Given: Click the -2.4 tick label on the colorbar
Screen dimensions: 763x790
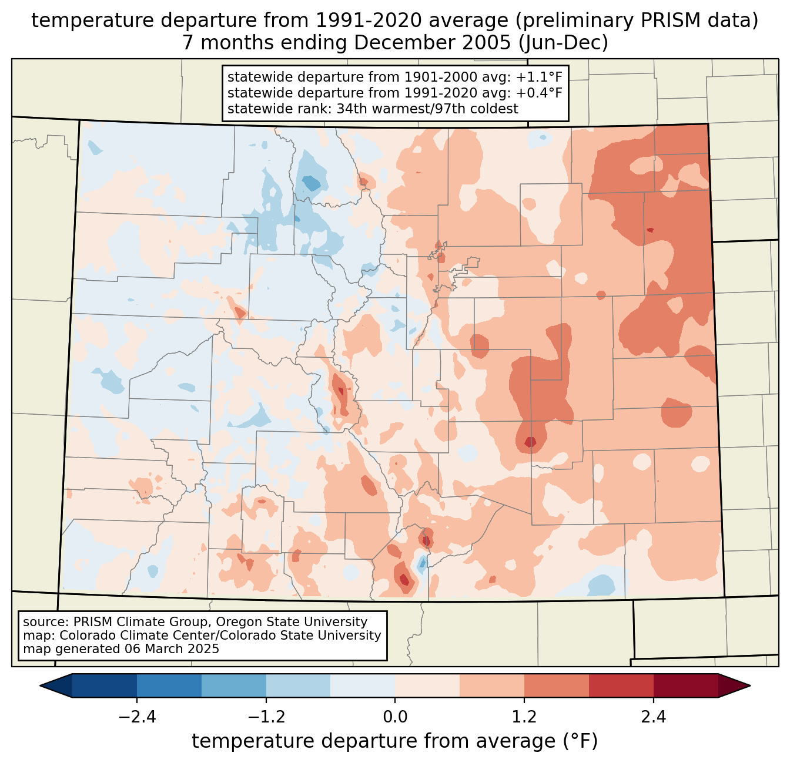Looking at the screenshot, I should [136, 717].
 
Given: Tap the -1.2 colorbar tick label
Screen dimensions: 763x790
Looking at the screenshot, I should [266, 717].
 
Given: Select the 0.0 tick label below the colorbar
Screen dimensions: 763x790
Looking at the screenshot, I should [395, 717].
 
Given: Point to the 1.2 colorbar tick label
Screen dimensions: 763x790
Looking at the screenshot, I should [524, 717].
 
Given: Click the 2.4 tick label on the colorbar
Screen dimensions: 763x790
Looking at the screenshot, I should [654, 717].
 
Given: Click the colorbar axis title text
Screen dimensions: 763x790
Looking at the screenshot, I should [395, 741].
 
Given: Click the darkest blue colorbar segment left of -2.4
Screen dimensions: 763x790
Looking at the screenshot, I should [105, 685].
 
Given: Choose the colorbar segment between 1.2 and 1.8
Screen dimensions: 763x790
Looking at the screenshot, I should [557, 685].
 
